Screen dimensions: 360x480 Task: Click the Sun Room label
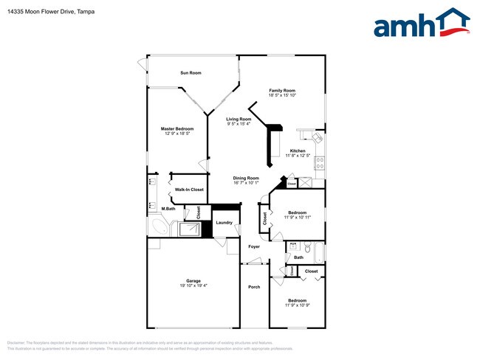pyautogui.click(x=191, y=73)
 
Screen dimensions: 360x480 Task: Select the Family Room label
pyautogui.click(x=281, y=91)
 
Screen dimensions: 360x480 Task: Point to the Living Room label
pyautogui.click(x=239, y=120)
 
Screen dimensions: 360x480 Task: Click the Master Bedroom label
pyautogui.click(x=177, y=129)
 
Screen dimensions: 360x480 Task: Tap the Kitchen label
pyautogui.click(x=297, y=151)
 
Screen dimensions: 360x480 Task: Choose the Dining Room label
pyautogui.click(x=246, y=178)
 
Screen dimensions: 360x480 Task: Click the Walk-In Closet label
pyautogui.click(x=189, y=190)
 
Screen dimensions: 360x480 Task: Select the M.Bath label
pyautogui.click(x=170, y=209)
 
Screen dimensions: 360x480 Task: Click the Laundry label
pyautogui.click(x=224, y=223)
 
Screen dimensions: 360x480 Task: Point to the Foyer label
pyautogui.click(x=254, y=246)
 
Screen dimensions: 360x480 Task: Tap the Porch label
pyautogui.click(x=254, y=287)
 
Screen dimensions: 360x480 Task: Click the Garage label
pyautogui.click(x=193, y=281)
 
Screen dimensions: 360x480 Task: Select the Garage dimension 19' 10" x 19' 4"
pyautogui.click(x=193, y=286)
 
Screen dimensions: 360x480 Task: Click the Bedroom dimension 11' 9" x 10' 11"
pyautogui.click(x=297, y=217)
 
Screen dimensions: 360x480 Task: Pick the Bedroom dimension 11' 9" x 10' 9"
pyautogui.click(x=297, y=305)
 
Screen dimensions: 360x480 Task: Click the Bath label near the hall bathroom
pyautogui.click(x=299, y=257)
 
